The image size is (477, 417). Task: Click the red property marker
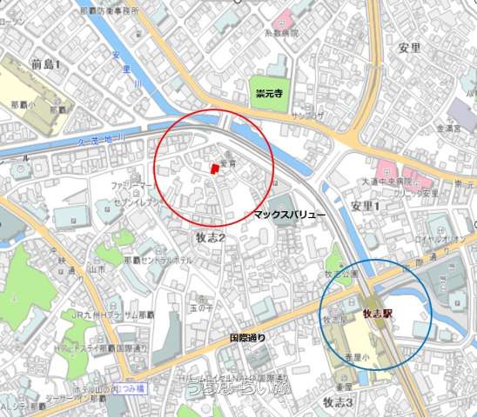point(213,169)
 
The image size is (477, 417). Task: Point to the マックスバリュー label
point(290,213)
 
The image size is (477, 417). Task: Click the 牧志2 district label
point(209,237)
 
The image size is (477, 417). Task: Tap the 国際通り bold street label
point(247,336)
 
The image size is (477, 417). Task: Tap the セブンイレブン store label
point(134,202)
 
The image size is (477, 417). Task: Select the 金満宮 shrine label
point(453,128)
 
